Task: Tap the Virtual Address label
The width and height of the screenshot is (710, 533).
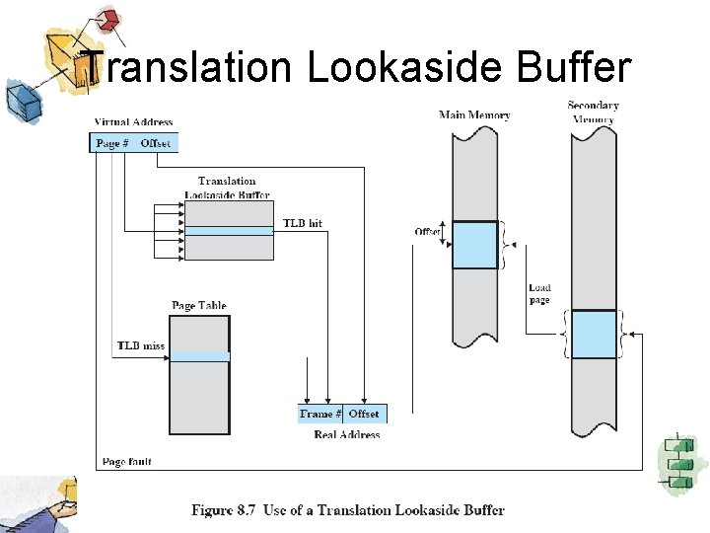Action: pyautogui.click(x=133, y=122)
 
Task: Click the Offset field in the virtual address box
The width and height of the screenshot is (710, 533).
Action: pyautogui.click(x=156, y=143)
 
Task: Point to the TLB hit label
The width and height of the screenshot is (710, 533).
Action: pyautogui.click(x=302, y=224)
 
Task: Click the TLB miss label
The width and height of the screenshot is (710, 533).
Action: pyautogui.click(x=140, y=345)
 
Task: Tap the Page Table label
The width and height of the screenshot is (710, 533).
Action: pyautogui.click(x=199, y=306)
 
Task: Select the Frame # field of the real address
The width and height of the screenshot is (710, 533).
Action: pyautogui.click(x=320, y=415)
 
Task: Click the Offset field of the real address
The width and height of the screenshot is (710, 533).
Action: pyautogui.click(x=364, y=415)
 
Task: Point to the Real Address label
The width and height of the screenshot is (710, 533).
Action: pyautogui.click(x=346, y=434)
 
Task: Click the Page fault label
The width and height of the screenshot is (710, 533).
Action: pyautogui.click(x=127, y=461)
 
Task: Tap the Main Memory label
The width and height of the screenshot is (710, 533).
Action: pyautogui.click(x=474, y=115)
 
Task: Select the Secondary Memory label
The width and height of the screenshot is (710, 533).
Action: pyautogui.click(x=593, y=113)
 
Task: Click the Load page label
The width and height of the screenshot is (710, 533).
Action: pyautogui.click(x=539, y=294)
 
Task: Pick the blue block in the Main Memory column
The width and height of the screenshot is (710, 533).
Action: pyautogui.click(x=474, y=245)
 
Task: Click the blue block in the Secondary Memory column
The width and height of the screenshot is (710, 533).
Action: pyautogui.click(x=594, y=334)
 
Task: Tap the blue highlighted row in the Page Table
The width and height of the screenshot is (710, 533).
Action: pyautogui.click(x=199, y=356)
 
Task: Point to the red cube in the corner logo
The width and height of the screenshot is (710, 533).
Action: pyautogui.click(x=109, y=20)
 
